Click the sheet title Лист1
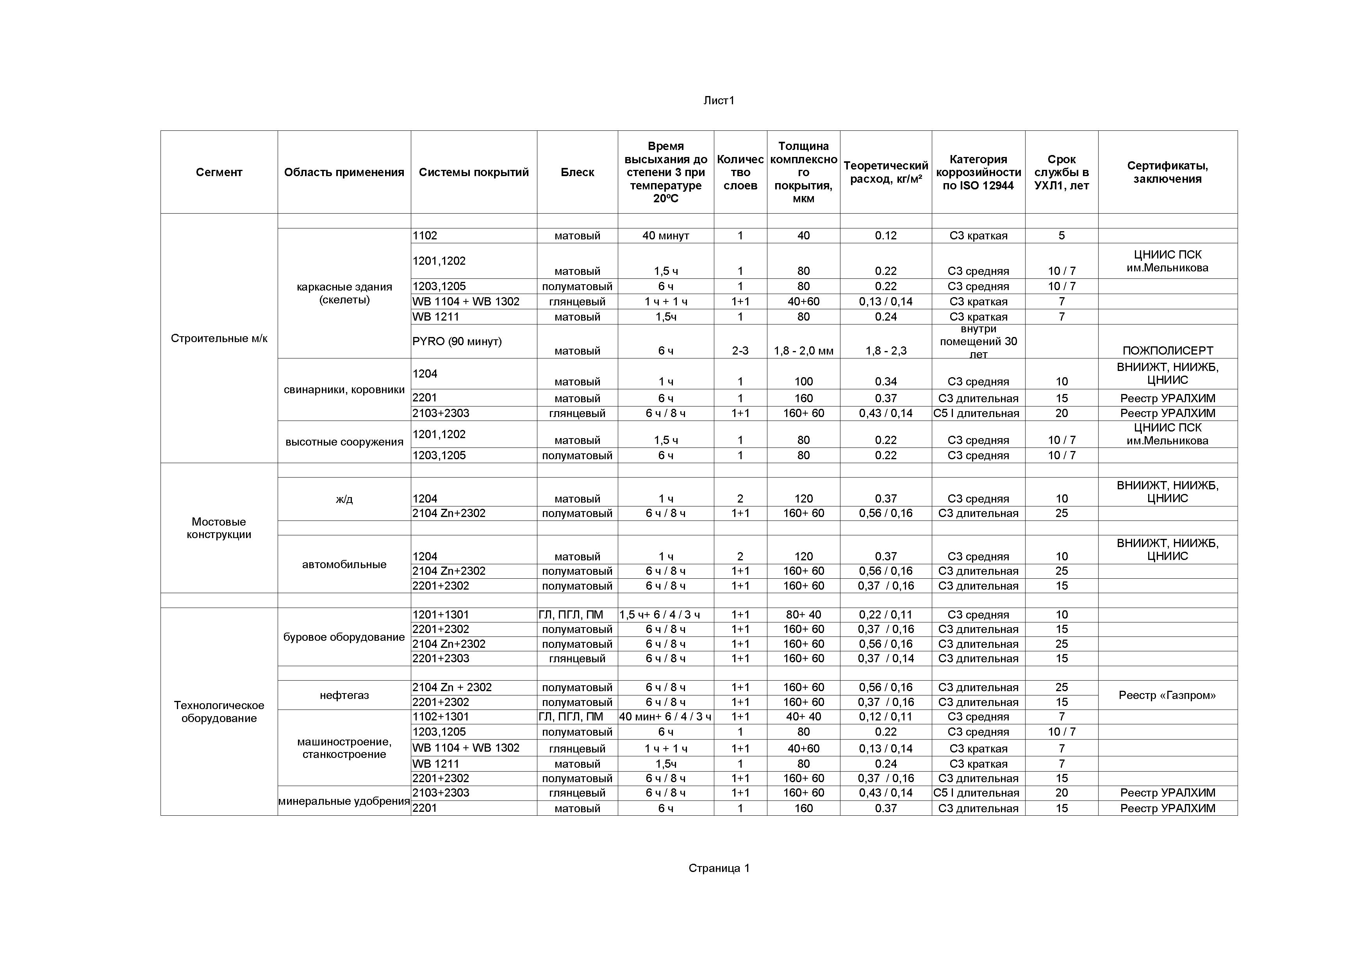pos(719,100)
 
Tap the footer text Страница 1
pos(719,868)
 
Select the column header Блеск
pos(577,172)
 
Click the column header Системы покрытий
pos(473,172)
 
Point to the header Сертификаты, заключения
pos(1167,172)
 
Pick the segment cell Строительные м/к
pos(219,338)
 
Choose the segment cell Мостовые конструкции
pos(219,528)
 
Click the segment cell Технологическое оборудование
pos(219,711)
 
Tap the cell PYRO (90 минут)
pos(457,341)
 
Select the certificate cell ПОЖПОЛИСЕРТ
pos(1167,351)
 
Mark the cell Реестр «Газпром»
pos(1167,695)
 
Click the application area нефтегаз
pos(344,695)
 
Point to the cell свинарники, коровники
pos(344,389)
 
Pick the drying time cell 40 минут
pos(665,235)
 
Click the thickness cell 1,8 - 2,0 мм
pos(803,351)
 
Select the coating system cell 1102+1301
pos(441,716)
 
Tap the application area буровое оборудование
pos(344,637)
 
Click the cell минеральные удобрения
pos(344,801)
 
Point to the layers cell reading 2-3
pos(740,351)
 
